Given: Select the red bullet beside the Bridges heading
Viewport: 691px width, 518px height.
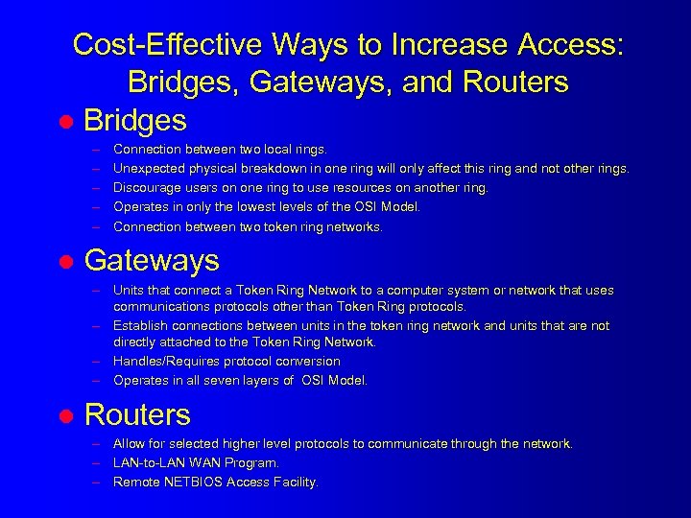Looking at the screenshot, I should (x=65, y=122).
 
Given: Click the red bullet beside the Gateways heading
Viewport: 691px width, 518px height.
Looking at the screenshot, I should (x=65, y=262).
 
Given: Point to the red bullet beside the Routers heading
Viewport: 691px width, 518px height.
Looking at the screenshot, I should (x=65, y=416).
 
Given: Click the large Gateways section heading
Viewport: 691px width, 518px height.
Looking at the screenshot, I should (x=152, y=260).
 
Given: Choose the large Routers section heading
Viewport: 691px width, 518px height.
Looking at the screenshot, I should (x=137, y=414).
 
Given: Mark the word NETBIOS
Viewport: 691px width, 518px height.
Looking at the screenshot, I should (x=193, y=482).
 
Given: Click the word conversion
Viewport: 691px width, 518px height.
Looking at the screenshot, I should (x=309, y=361).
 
